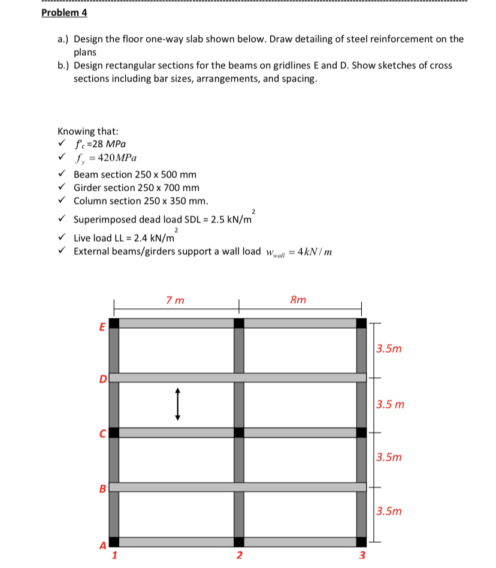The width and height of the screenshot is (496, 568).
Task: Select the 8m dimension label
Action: point(298,299)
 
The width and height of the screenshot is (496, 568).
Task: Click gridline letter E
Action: point(102,326)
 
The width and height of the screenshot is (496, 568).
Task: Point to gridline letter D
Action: point(102,378)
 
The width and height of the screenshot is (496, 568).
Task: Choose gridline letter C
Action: point(102,432)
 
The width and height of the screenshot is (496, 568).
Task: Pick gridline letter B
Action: point(102,488)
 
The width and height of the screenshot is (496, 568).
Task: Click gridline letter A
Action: point(102,545)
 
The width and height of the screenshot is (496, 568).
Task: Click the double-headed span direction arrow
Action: point(177,403)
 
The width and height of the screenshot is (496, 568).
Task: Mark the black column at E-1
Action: point(114,323)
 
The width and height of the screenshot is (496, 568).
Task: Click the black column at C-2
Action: point(239,432)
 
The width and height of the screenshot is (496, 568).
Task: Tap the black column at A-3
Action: point(361,542)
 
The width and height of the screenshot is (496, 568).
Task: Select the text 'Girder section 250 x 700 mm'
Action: point(137,188)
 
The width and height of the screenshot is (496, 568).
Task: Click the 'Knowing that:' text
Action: point(87,131)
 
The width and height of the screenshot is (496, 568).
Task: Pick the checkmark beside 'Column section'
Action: point(62,201)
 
